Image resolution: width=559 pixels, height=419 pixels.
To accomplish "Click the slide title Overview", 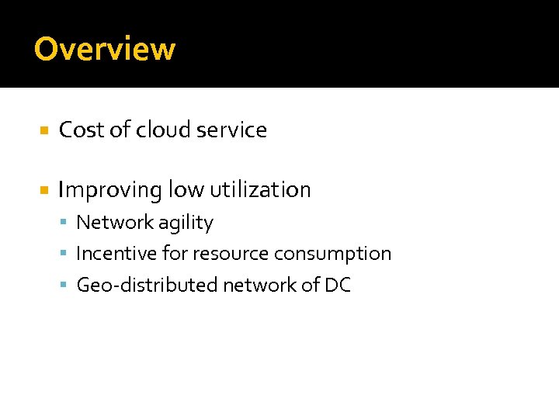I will (105, 49).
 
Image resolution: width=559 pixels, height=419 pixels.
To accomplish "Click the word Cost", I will (82, 130).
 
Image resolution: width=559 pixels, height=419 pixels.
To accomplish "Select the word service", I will (231, 130).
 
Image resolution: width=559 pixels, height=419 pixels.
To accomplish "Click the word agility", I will (186, 223).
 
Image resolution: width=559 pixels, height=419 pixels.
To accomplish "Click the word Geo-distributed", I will (147, 286).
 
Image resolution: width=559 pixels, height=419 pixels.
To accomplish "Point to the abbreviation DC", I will (338, 286).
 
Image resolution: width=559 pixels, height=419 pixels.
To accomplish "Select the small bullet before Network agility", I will (64, 223).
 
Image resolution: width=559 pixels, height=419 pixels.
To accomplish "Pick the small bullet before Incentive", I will (64, 255).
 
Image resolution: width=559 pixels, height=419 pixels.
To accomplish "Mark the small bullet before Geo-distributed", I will (64, 286).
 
